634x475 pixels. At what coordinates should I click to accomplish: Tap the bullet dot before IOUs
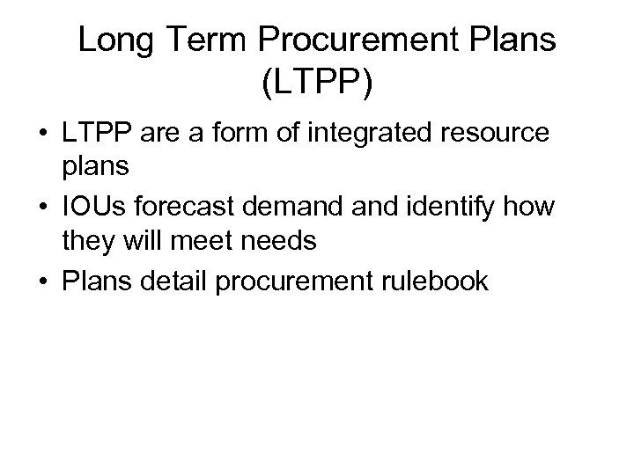(x=41, y=208)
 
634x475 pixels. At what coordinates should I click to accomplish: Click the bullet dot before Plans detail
(x=41, y=281)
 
